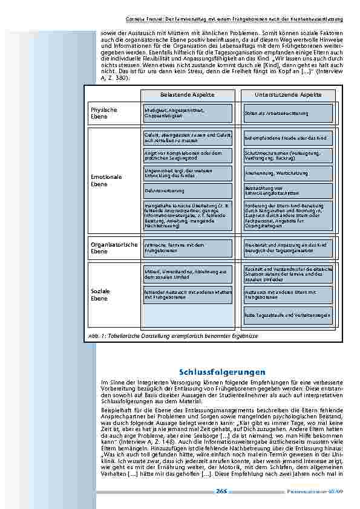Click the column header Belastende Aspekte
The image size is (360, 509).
pyautogui.click(x=188, y=95)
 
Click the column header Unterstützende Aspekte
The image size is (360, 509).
pyautogui.click(x=289, y=95)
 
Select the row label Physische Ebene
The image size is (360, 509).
pyautogui.click(x=104, y=113)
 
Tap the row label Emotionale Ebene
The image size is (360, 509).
pyautogui.click(x=106, y=180)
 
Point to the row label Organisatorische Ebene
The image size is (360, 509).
pyautogui.click(x=114, y=248)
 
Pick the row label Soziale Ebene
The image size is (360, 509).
pyautogui.click(x=100, y=294)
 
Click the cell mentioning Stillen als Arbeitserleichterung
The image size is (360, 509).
pyautogui.click(x=288, y=113)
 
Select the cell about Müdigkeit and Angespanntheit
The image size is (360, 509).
pyautogui.click(x=188, y=113)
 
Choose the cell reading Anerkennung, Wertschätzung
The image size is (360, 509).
pyautogui.click(x=288, y=173)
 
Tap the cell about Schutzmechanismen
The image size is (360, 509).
pyautogui.click(x=288, y=155)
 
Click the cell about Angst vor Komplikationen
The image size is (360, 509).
pyautogui.click(x=188, y=155)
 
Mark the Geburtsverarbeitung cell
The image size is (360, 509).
pyautogui.click(x=188, y=191)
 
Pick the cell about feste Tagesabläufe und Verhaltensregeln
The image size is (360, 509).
pyautogui.click(x=288, y=315)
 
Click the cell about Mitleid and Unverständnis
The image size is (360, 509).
pyautogui.click(x=188, y=274)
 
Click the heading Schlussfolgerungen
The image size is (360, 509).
pyautogui.click(x=222, y=371)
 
